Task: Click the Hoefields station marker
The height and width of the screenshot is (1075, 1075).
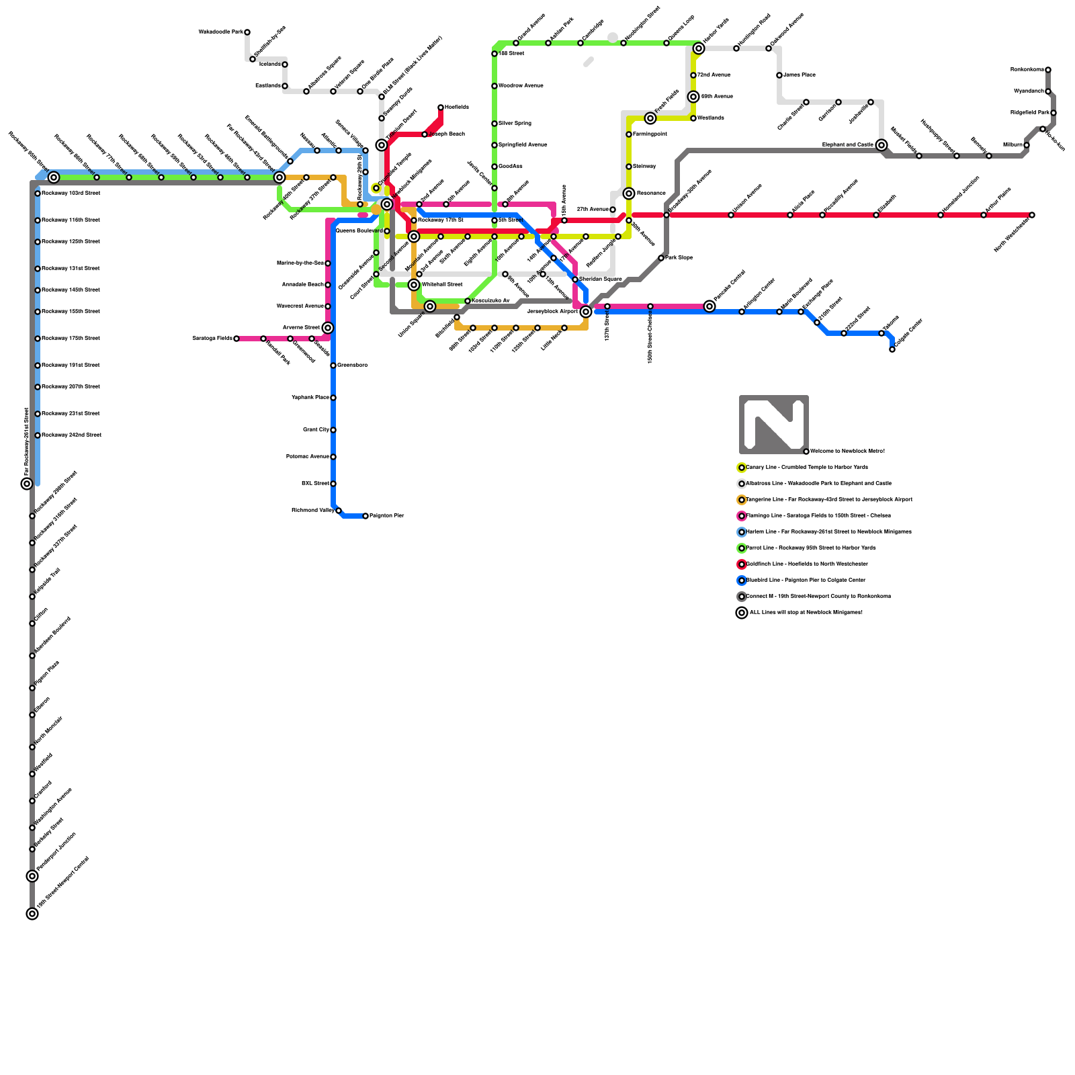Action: (441, 107)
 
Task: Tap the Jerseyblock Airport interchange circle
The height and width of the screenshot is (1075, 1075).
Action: (586, 312)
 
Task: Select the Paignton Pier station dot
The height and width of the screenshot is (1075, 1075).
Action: (365, 516)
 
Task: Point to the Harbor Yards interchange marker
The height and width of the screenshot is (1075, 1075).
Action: (699, 48)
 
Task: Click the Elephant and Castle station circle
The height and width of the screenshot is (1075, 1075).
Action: (881, 145)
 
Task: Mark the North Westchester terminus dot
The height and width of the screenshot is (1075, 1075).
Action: (1032, 215)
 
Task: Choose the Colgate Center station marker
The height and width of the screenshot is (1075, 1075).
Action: (892, 349)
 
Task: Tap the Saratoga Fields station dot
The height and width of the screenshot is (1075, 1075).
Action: (236, 339)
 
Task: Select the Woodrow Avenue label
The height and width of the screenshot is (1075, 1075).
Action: (521, 86)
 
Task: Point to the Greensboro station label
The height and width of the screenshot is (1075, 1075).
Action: (352, 365)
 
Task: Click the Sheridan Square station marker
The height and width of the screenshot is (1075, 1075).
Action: (575, 279)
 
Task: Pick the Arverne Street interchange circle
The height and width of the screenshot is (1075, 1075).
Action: (328, 328)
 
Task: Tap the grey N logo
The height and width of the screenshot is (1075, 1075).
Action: (773, 425)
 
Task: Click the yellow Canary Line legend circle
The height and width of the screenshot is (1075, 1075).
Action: (742, 468)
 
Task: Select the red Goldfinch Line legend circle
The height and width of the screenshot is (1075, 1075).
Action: (742, 564)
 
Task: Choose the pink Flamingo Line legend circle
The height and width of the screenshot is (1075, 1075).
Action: (742, 516)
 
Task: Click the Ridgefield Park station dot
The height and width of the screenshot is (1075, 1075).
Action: (1053, 113)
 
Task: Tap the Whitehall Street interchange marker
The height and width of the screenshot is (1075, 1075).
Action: (414, 285)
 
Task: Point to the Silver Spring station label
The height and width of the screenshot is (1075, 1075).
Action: (515, 124)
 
